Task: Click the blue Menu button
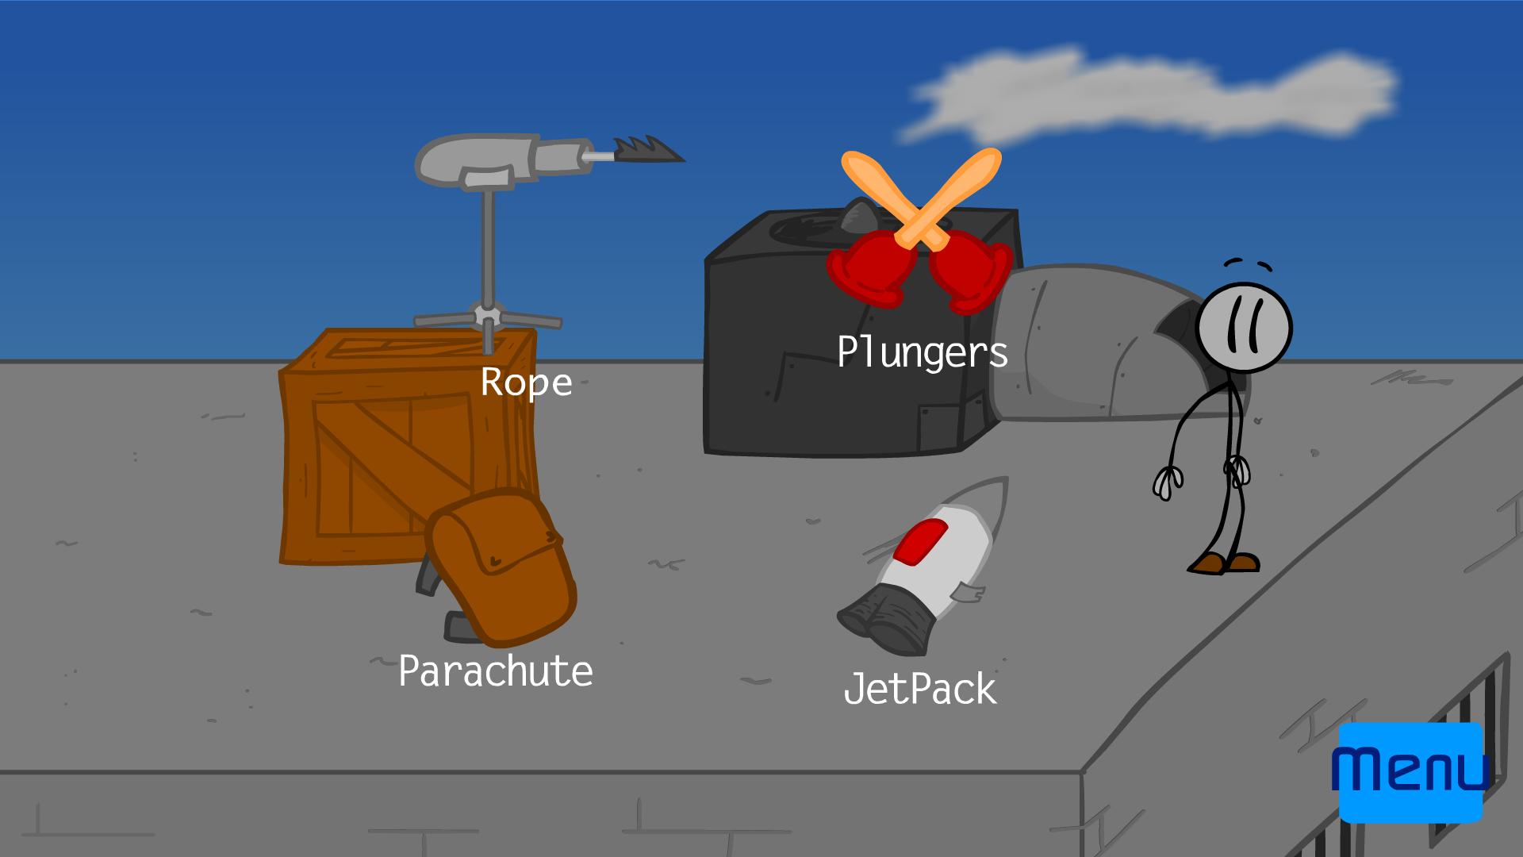[x=1410, y=772]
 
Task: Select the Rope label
[x=526, y=382]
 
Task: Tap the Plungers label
[x=922, y=352]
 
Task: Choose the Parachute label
[x=496, y=671]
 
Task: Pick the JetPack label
[x=919, y=689]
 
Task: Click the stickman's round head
[x=1244, y=328]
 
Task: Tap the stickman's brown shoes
[x=1224, y=563]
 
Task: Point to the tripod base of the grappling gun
[x=488, y=318]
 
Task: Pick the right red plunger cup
[x=971, y=271]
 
